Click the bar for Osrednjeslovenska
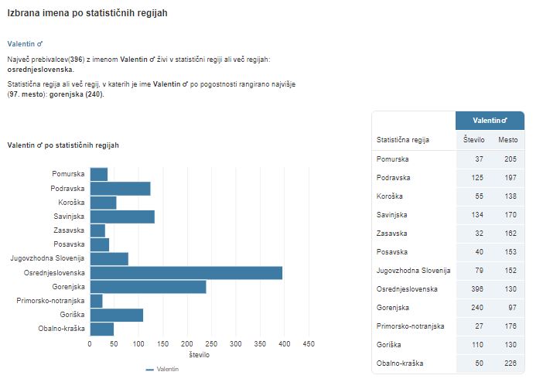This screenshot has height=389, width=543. [x=186, y=272]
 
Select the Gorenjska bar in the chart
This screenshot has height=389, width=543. [x=148, y=287]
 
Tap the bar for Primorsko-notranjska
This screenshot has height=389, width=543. [x=96, y=301]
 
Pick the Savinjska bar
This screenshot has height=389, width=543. [x=122, y=217]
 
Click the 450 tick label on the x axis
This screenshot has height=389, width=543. [x=309, y=344]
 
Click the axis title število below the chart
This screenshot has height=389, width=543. [x=199, y=354]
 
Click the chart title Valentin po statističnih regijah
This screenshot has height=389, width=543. [x=63, y=145]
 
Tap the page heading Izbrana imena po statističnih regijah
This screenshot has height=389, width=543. [x=87, y=14]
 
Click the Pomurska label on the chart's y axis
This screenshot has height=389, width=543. [x=68, y=174]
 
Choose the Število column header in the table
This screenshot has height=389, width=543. [x=474, y=140]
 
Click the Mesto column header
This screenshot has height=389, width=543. [x=507, y=140]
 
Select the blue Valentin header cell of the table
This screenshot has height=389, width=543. [x=490, y=121]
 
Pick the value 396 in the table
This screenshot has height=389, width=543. [x=477, y=288]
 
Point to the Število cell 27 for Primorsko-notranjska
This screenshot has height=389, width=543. [x=479, y=326]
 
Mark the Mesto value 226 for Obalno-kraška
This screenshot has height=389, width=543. [x=510, y=363]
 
